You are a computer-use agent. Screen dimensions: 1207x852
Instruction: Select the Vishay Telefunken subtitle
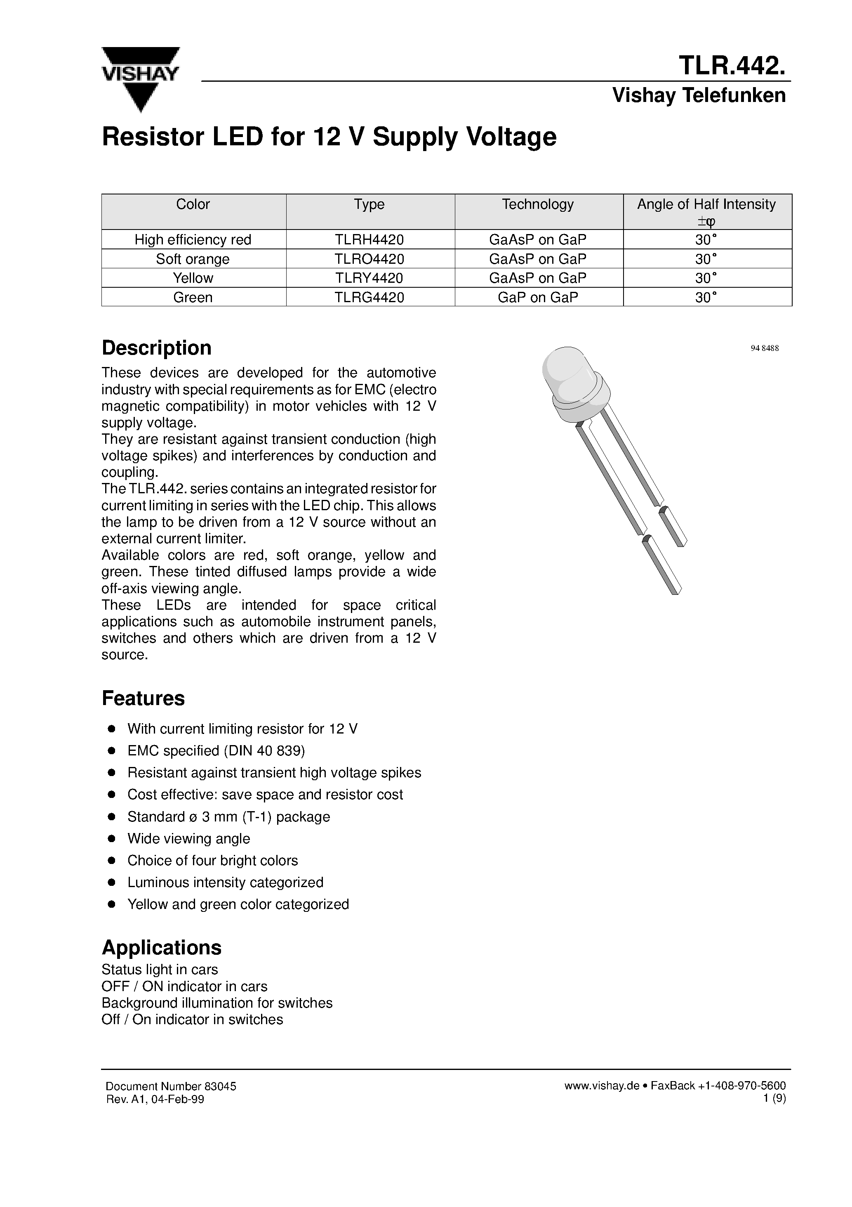pyautogui.click(x=699, y=96)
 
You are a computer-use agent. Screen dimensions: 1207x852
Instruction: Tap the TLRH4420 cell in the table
pyautogui.click(x=369, y=240)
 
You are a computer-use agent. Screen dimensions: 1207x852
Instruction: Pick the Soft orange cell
pyautogui.click(x=193, y=259)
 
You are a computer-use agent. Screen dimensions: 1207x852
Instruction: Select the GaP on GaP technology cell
pyautogui.click(x=537, y=298)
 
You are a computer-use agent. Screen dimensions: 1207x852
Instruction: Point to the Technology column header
pyautogui.click(x=537, y=204)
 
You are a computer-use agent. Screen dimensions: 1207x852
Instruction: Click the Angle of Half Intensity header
pyautogui.click(x=706, y=204)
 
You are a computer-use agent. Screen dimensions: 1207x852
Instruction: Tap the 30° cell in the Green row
pyautogui.click(x=706, y=298)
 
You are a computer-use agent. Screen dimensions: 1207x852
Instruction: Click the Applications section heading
pyautogui.click(x=161, y=948)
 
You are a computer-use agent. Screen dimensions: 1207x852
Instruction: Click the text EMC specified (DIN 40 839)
pyautogui.click(x=216, y=751)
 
